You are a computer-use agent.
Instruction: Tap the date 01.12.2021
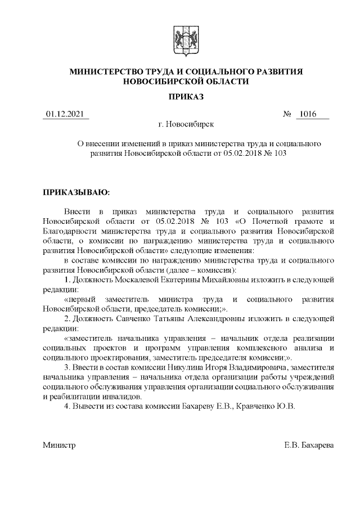[x=66, y=115]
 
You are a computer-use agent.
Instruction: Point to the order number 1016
[x=307, y=115]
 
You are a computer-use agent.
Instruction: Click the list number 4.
[x=67, y=406]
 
